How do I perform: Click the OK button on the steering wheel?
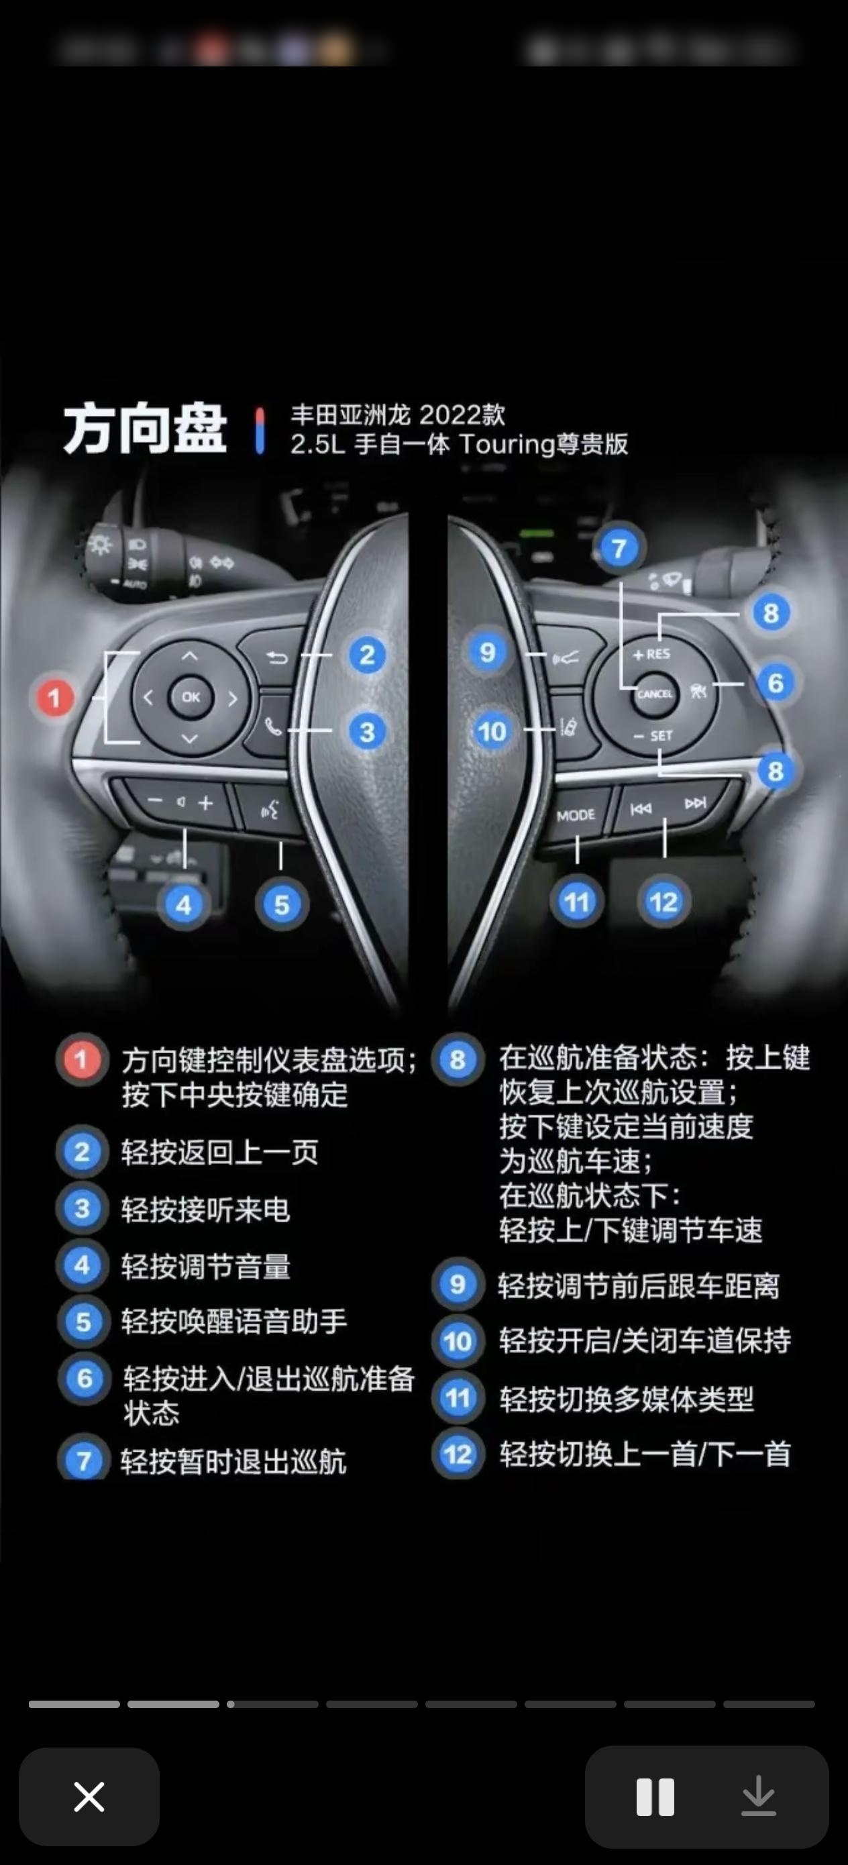point(191,696)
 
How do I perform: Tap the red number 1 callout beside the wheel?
point(54,698)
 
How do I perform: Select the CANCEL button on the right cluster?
point(655,694)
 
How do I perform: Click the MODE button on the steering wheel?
point(576,815)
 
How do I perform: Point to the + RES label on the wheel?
point(651,655)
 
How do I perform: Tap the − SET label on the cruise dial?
point(653,735)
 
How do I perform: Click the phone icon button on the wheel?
point(273,726)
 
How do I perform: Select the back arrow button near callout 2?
point(276,657)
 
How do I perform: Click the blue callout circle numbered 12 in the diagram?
point(664,902)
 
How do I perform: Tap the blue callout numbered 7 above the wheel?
point(618,549)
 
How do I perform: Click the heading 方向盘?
point(145,429)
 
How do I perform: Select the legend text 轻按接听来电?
point(206,1209)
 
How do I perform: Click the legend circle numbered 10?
point(458,1342)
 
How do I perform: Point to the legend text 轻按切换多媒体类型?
point(627,1399)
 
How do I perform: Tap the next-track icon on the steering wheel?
point(694,803)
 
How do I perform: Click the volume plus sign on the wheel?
point(206,803)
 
